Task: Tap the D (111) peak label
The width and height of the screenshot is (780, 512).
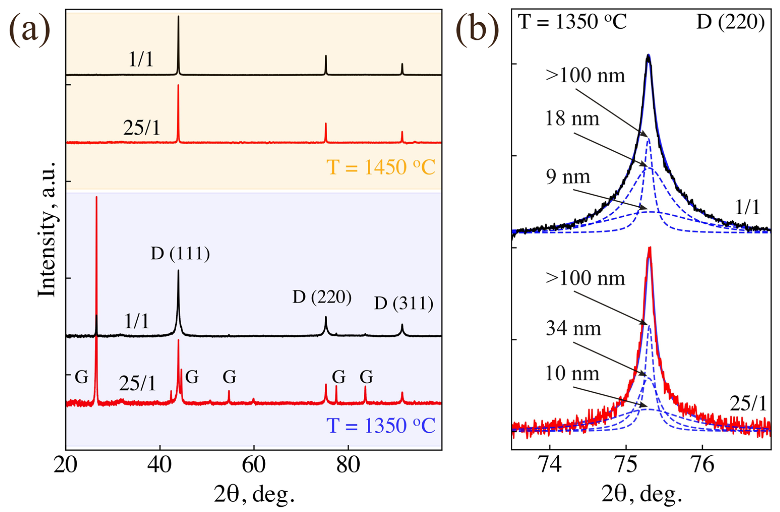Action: coord(180,254)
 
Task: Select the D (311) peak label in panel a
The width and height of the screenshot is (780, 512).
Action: coord(404,304)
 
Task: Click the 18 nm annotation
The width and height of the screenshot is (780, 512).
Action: coord(573,119)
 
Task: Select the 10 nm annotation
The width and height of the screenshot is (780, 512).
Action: coord(573,374)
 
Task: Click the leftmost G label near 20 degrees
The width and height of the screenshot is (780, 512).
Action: coord(81,377)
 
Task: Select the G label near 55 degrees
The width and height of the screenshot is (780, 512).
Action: coord(229,377)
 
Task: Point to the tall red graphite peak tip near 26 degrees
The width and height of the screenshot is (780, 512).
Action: coord(96,197)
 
